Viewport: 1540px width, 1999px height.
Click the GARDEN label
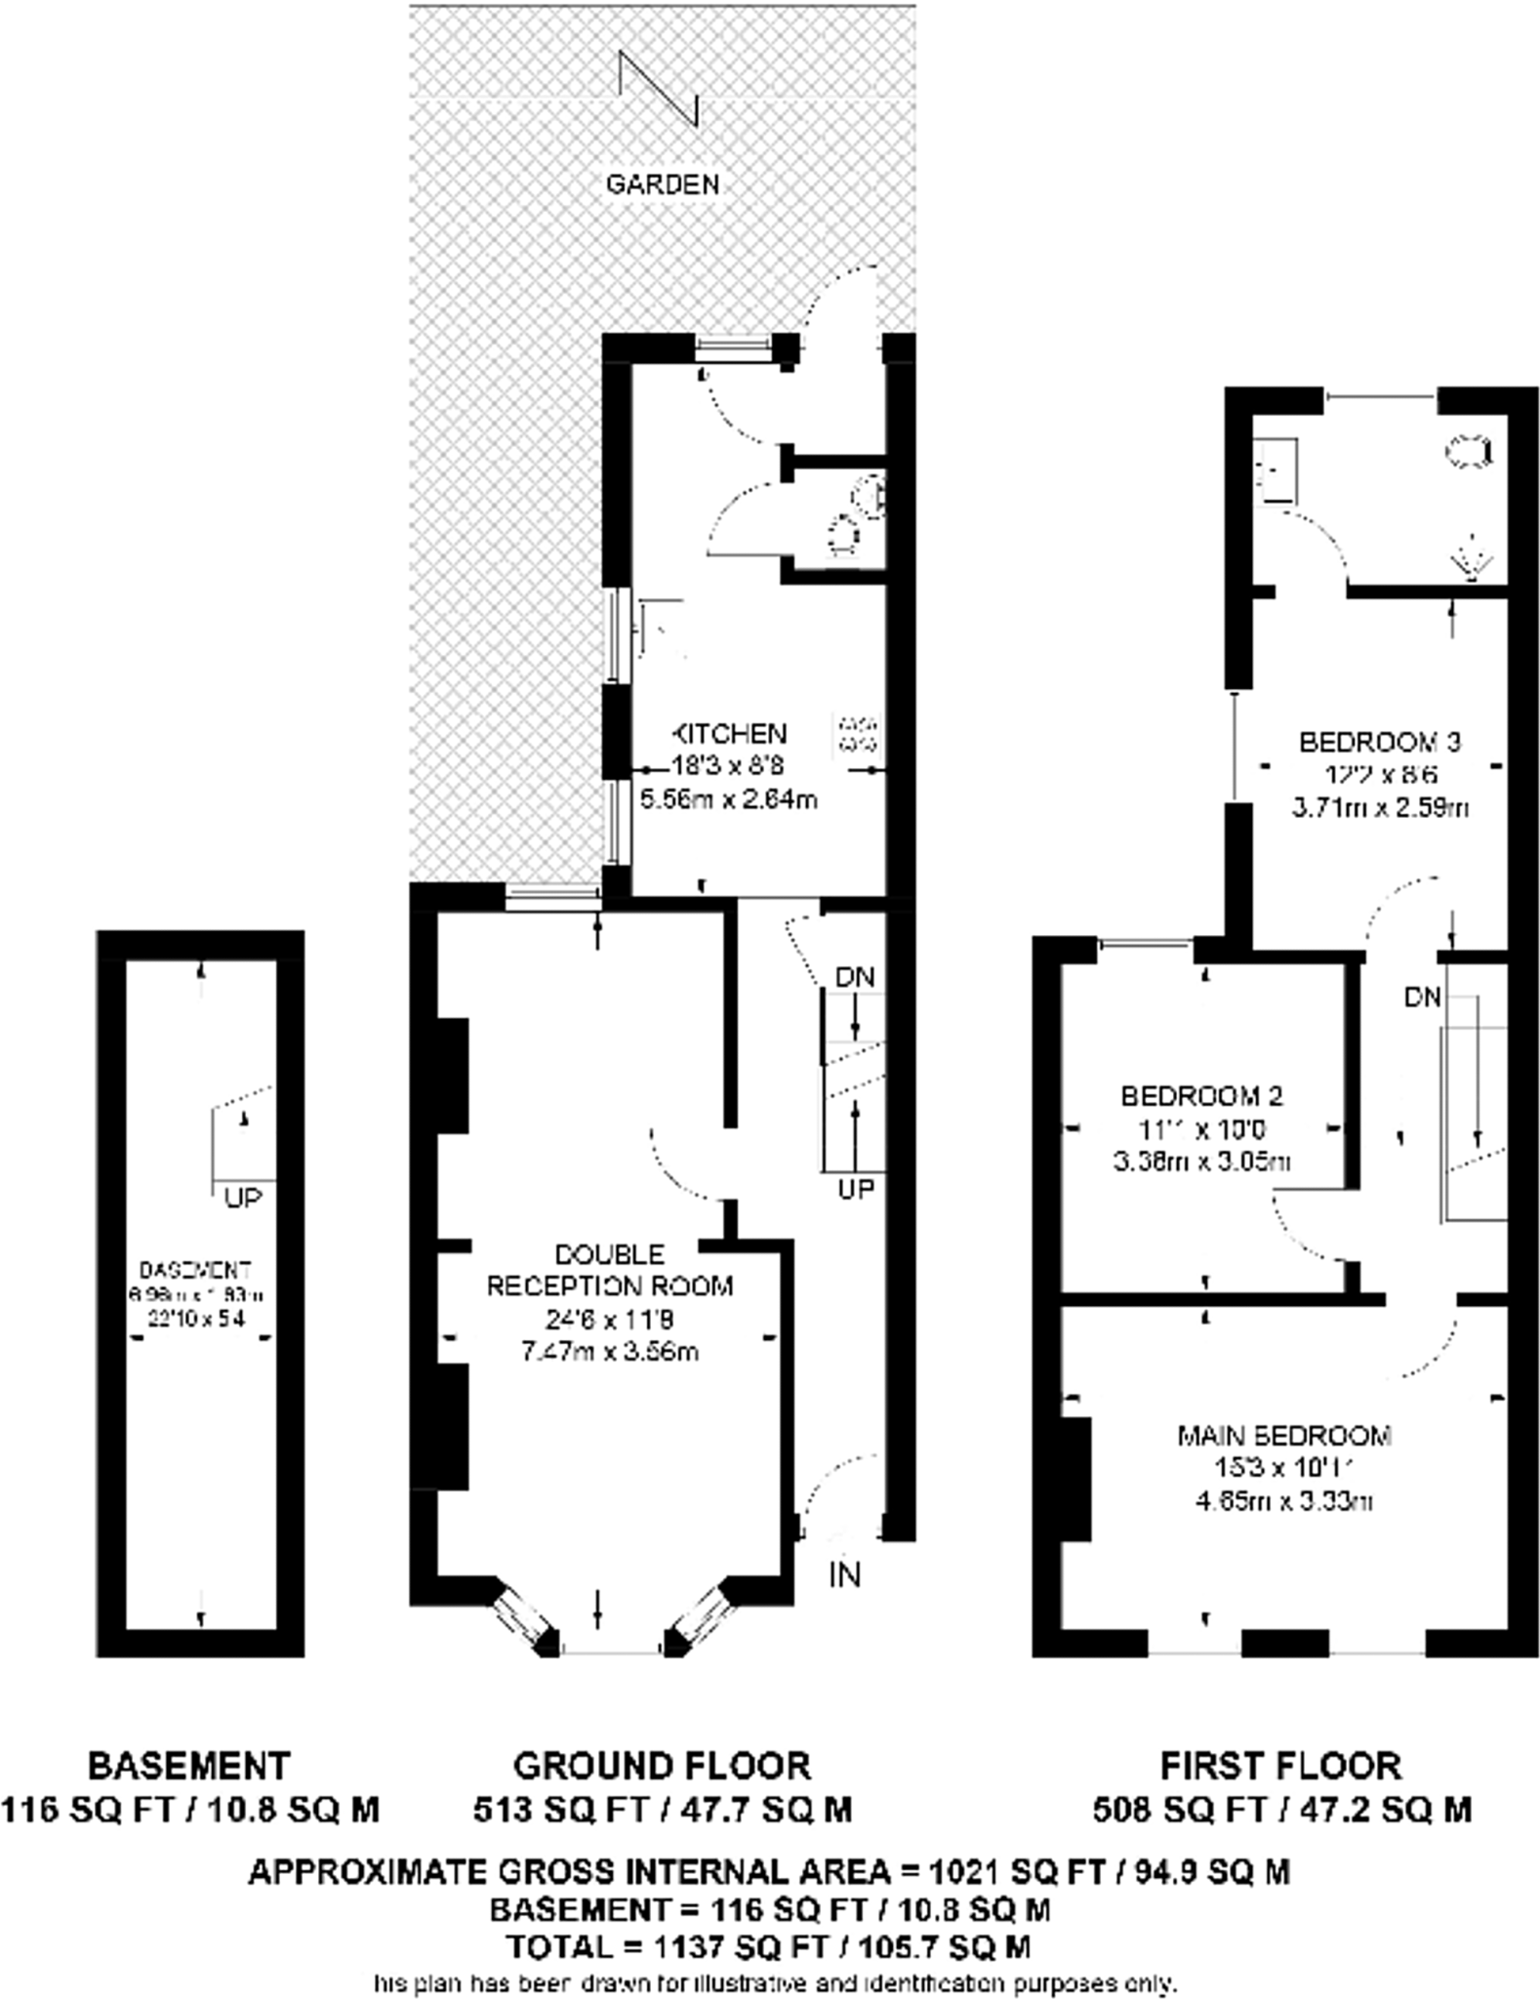coord(663,184)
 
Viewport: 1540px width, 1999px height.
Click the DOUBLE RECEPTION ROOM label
coord(610,1270)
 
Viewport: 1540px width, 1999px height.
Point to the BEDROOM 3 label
coord(1380,743)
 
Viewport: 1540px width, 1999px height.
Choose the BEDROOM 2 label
coord(1202,1096)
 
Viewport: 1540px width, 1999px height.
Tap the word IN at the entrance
coord(845,1574)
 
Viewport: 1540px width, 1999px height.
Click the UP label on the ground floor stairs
coord(856,1189)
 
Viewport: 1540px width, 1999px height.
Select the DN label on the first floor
coord(1423,997)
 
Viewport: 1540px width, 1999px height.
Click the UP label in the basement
coord(243,1198)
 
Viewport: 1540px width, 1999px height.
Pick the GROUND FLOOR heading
coord(662,1766)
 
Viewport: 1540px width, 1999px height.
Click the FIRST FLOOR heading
coord(1280,1766)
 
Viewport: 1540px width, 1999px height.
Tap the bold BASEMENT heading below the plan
coord(189,1766)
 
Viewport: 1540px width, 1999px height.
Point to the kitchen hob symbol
coord(858,734)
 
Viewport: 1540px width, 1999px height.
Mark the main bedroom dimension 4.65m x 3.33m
coord(1284,1501)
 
